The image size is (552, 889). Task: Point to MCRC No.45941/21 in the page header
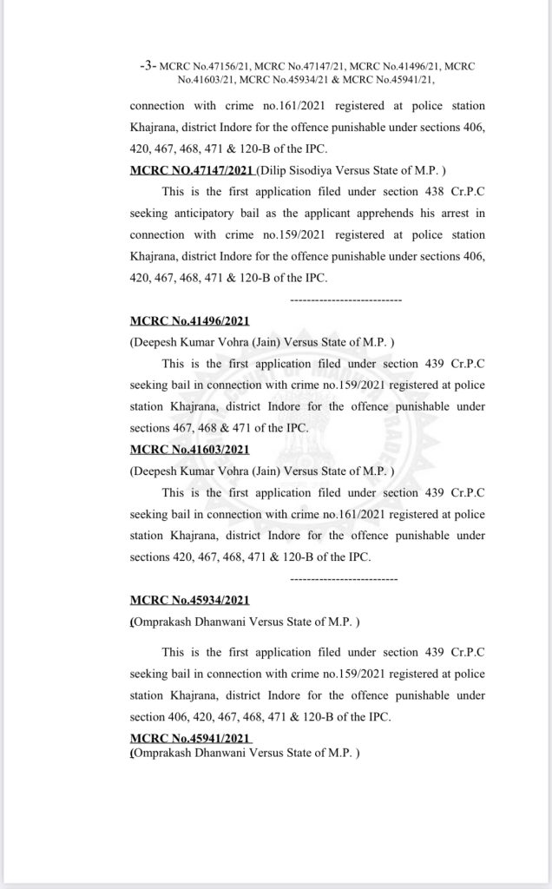[391, 80]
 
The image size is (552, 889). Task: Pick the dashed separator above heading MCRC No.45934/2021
[343, 577]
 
